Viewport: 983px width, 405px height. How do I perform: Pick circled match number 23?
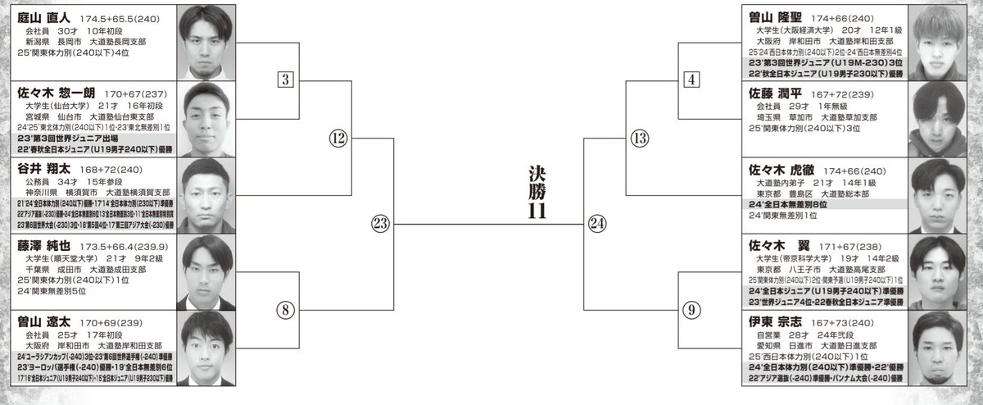382,223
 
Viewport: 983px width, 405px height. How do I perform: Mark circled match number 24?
598,223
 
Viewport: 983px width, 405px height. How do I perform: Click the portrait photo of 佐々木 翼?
938,269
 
